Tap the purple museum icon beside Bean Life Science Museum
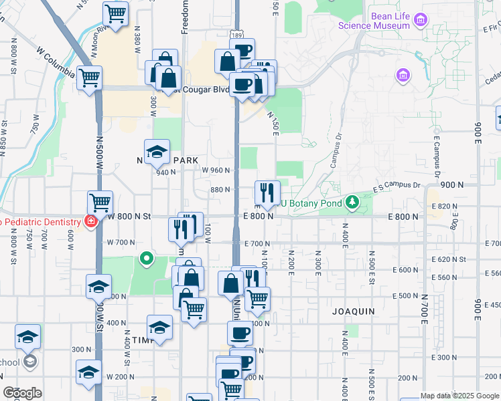pos(421,20)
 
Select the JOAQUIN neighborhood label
pos(353,312)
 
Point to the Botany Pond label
pos(310,203)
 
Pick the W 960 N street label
pos(216,170)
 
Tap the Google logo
pos(22,393)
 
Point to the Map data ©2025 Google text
pos(459,396)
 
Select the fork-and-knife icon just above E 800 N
pos(267,192)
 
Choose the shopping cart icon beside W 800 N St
pos(100,201)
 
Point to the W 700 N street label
pos(122,243)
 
